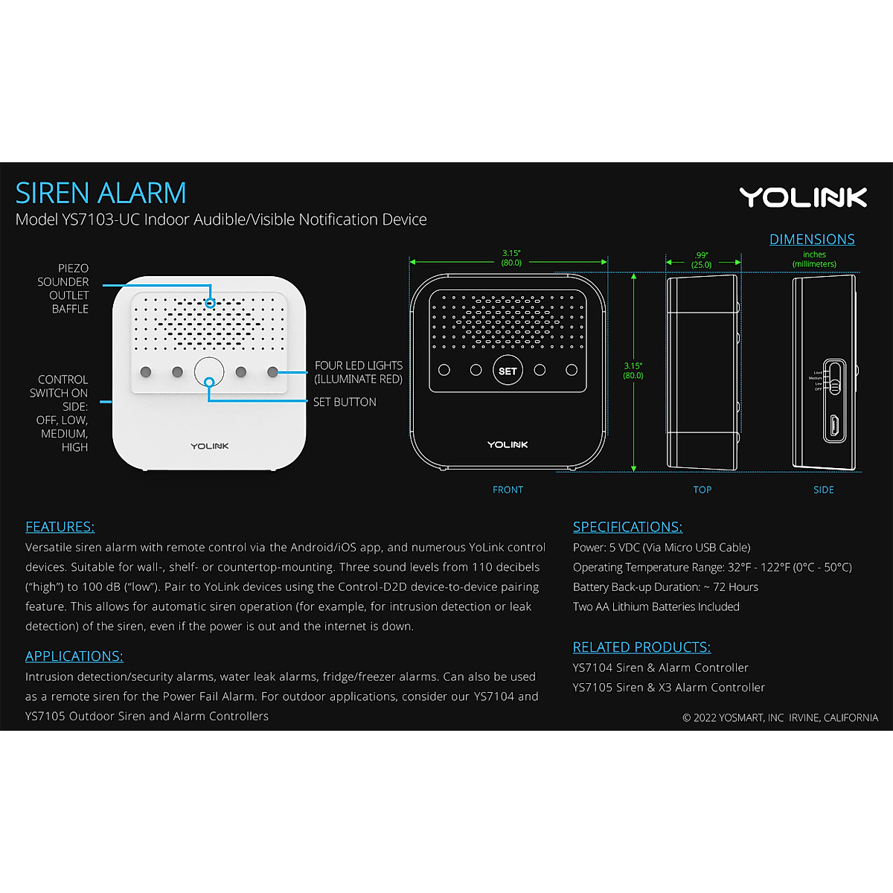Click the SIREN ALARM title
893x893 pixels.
pos(100,193)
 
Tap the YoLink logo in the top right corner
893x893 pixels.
pos(803,197)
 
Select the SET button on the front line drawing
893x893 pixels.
pos(508,371)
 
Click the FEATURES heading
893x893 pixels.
pos(60,527)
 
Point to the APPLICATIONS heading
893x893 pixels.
pos(74,656)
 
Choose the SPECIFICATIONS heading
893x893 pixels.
pos(627,527)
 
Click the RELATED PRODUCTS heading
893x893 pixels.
pos(641,647)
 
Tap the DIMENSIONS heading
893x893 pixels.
pos(812,240)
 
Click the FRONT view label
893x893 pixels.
pos(508,490)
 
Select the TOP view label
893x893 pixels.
pos(702,490)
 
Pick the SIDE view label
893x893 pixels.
pos(824,490)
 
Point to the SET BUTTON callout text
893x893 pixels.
pos(345,402)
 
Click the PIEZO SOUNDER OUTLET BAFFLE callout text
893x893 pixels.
pos(65,288)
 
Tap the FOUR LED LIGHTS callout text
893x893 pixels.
pos(358,372)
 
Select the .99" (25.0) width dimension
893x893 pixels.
pos(701,260)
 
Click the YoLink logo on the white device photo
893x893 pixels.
pos(210,446)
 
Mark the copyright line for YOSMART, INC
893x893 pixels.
pos(780,718)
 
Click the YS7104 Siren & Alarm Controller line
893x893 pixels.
pos(660,668)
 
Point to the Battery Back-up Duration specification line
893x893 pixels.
pos(665,587)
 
